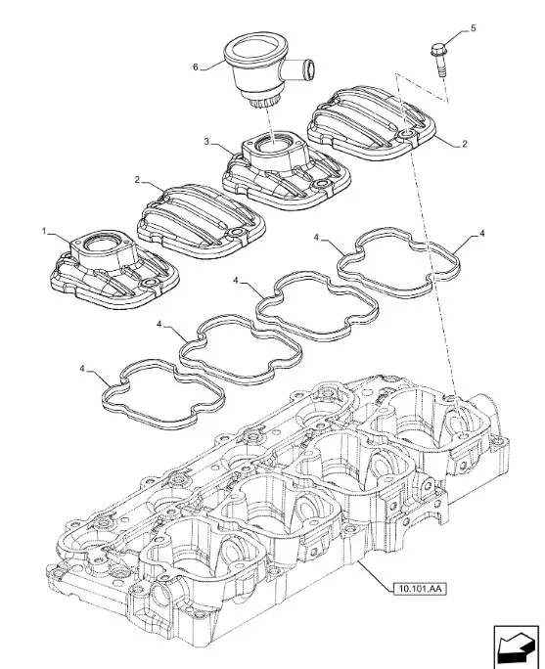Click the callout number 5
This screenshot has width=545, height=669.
pos(473,28)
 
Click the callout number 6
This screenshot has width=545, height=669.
pos(196,67)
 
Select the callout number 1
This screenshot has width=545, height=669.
pos(44,231)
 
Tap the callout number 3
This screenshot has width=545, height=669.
pos(207,141)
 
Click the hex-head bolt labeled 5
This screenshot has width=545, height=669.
pos(439,60)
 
